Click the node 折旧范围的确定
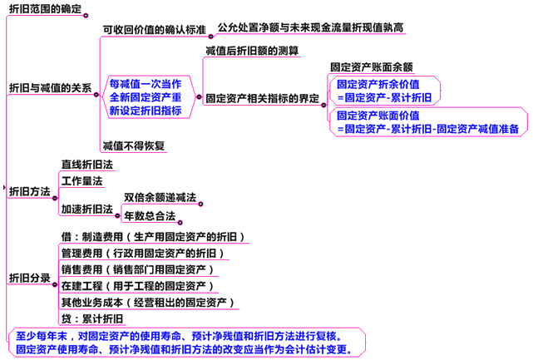(x=45, y=10)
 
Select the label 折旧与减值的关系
(x=50, y=86)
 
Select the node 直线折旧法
(x=87, y=165)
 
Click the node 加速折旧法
(x=87, y=208)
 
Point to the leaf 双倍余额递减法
(x=160, y=197)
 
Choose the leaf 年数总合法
(x=150, y=216)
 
